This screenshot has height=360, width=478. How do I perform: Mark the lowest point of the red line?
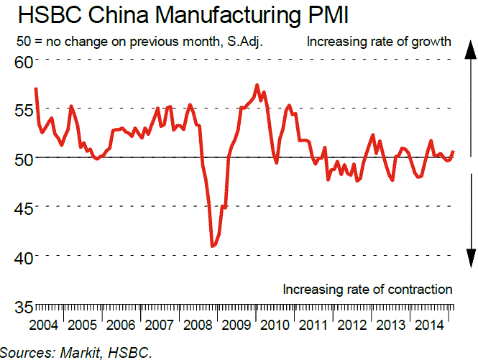point(212,246)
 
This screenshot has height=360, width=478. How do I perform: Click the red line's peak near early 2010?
point(257,85)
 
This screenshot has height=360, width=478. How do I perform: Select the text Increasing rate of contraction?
point(367,290)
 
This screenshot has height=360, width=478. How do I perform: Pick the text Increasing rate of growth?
point(379,41)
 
